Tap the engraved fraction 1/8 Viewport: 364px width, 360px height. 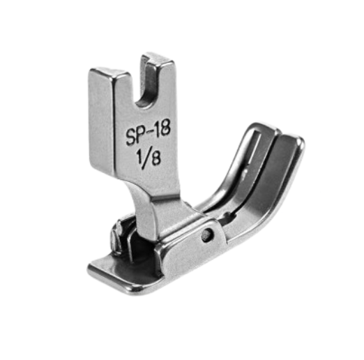pos(149,158)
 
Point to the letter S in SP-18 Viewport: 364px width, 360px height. pos(131,138)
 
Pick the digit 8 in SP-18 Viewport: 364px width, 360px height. pos(165,128)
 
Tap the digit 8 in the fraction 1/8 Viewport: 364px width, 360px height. pos(156,158)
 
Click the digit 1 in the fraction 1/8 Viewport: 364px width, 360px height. pos(139,156)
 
